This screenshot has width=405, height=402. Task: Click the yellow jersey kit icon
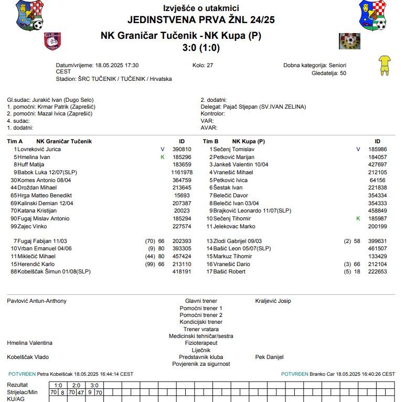point(385,65)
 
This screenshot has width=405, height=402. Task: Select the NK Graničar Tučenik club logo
point(53,40)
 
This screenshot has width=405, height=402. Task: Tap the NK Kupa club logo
point(349,41)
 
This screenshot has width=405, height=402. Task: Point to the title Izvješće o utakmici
point(201,8)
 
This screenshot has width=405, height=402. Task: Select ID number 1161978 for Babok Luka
point(182,172)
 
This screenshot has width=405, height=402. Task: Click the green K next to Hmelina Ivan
point(163,157)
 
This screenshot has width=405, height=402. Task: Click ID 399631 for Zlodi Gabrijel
point(378,241)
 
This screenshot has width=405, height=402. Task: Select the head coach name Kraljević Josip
point(273,301)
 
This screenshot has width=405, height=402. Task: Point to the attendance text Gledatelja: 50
point(329,73)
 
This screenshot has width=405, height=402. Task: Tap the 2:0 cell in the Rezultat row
point(76,385)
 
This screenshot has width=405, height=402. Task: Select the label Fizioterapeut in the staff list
point(201,343)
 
